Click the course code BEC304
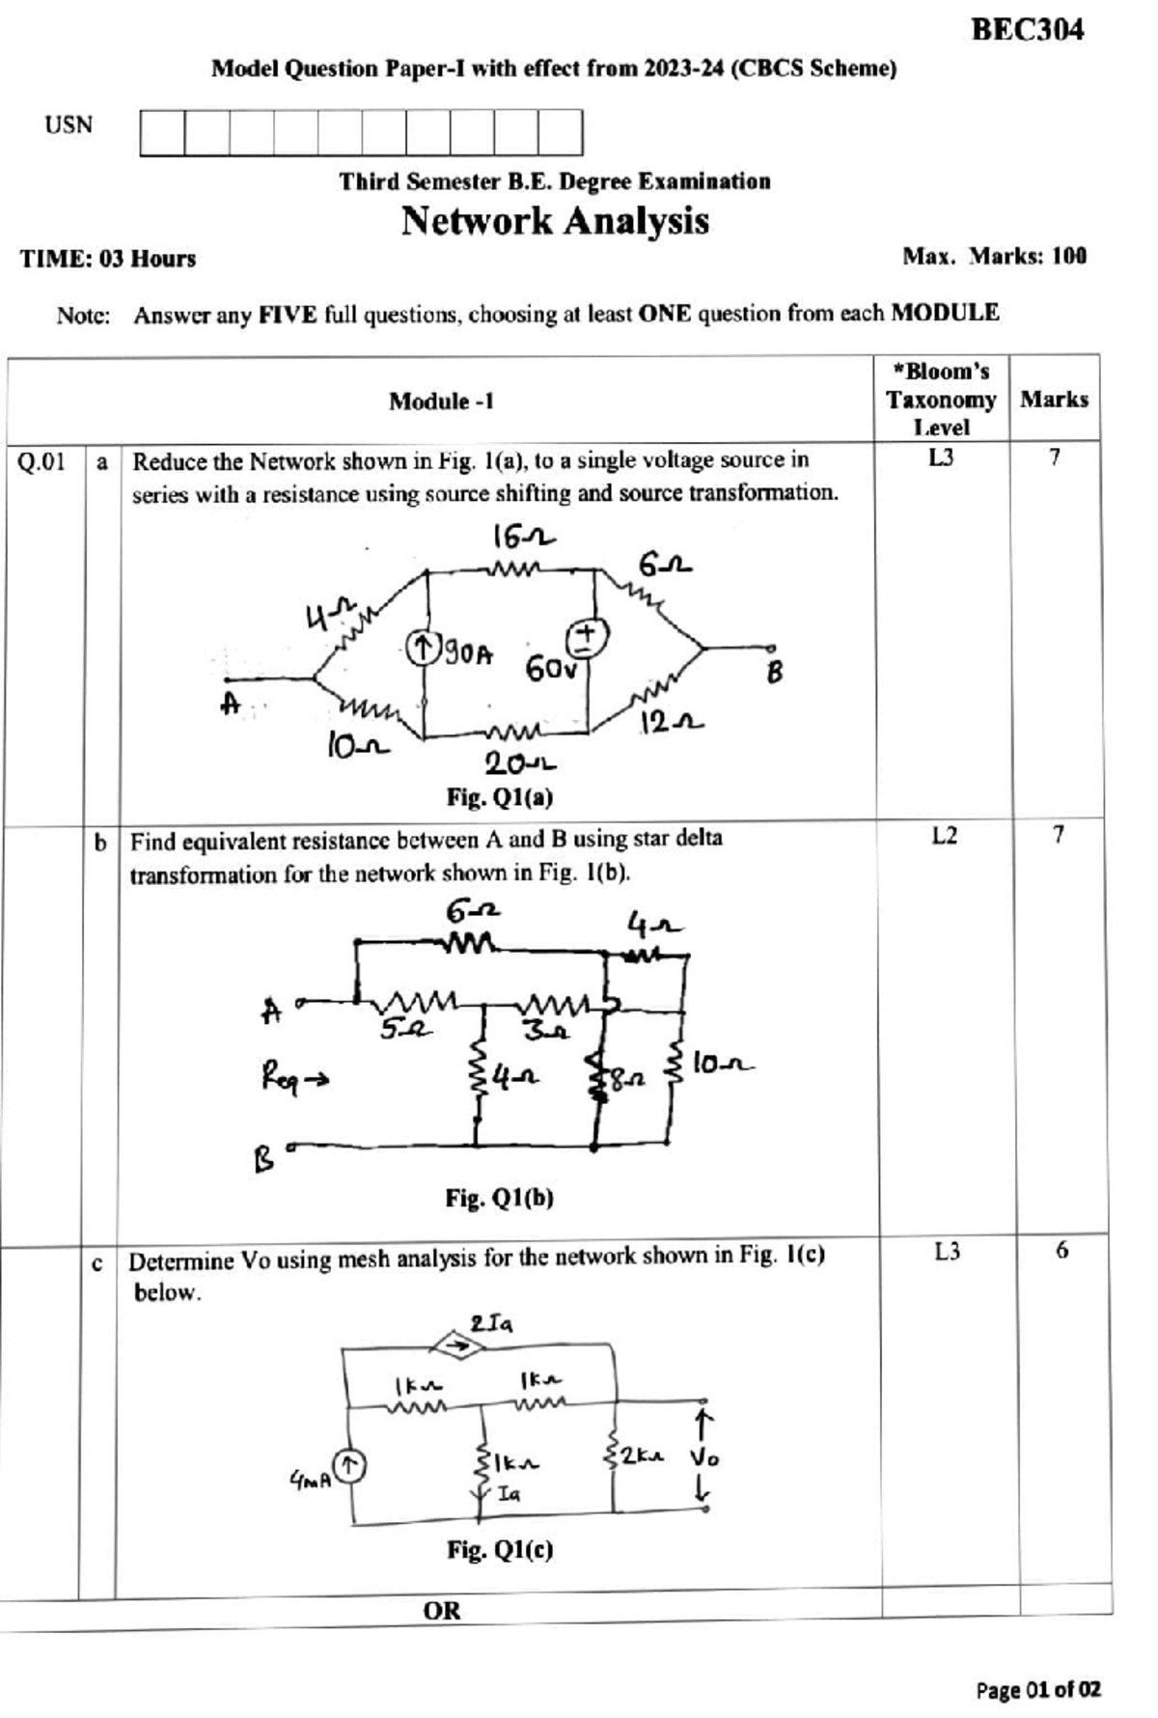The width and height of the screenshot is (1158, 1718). (x=1027, y=30)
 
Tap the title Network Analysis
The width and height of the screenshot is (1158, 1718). (x=555, y=221)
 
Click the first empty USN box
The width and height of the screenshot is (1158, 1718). (x=162, y=132)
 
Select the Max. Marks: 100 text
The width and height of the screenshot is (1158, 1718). (x=994, y=257)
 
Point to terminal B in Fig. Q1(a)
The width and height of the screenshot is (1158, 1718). (x=773, y=673)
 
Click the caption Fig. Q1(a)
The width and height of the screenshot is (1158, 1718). (x=499, y=797)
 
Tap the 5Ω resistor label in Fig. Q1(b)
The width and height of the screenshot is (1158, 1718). (x=402, y=1030)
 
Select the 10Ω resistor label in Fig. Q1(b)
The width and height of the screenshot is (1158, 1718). (x=722, y=1065)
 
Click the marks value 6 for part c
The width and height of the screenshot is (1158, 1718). (x=1061, y=1251)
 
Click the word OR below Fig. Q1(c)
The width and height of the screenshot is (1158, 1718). (x=442, y=1610)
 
